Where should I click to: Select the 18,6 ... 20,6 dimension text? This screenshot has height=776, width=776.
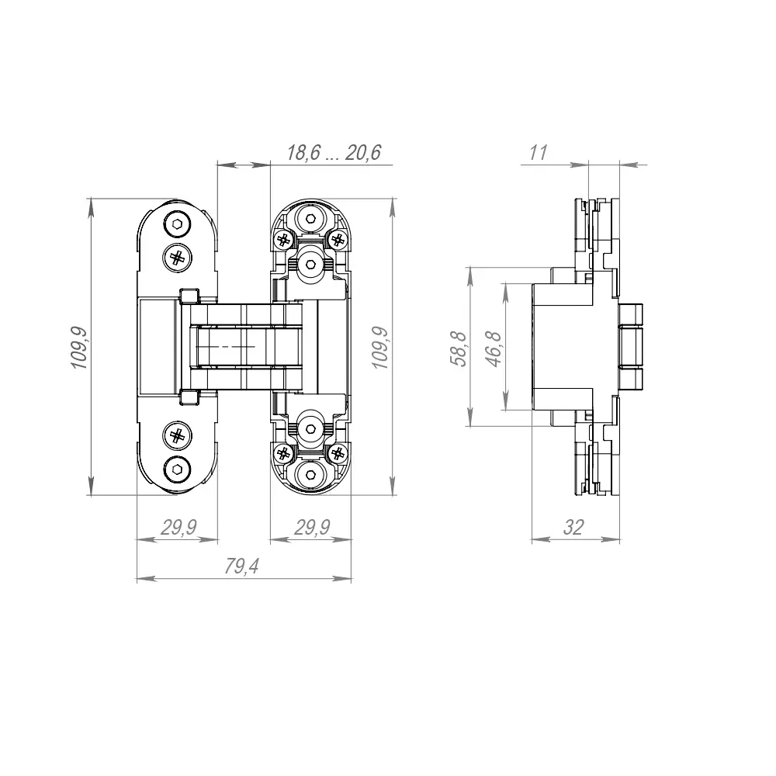(x=334, y=153)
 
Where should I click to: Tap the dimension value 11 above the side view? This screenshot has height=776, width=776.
(x=538, y=153)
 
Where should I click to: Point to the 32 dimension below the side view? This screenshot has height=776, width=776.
(x=573, y=528)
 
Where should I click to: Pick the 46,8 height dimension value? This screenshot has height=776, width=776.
(x=494, y=347)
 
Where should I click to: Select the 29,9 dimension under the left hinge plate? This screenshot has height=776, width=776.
(x=178, y=528)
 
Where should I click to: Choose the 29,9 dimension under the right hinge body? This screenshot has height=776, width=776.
(x=312, y=528)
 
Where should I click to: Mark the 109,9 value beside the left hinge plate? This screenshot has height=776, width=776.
(x=80, y=347)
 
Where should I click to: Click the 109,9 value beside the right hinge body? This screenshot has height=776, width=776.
(x=380, y=347)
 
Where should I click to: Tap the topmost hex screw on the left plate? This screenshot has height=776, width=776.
(x=178, y=226)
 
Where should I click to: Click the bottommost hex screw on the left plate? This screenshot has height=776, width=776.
(x=178, y=468)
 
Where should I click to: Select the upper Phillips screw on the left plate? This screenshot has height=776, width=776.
(x=178, y=257)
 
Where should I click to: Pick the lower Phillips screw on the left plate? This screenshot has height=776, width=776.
(x=178, y=436)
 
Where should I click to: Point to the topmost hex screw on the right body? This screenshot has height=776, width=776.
(x=311, y=220)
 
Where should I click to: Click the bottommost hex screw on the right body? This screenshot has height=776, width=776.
(x=311, y=473)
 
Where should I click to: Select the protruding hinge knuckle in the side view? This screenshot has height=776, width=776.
(x=634, y=346)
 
